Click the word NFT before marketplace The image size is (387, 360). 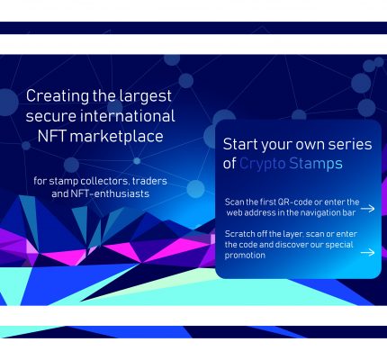point(51,136)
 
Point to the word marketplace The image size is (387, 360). point(117,137)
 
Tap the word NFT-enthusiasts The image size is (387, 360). point(110,193)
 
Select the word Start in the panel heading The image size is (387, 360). point(240,144)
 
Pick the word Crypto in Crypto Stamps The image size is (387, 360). point(262,164)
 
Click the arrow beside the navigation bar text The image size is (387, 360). point(367,209)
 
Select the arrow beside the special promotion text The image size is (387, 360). point(367,253)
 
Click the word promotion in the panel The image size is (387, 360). point(245,256)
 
